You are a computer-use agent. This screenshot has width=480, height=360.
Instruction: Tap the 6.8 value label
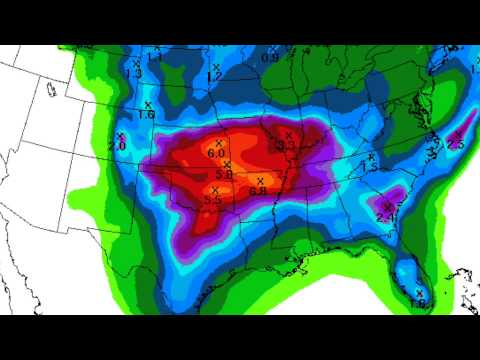click(x=258, y=190)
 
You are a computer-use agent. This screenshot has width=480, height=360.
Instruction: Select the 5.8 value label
click(x=223, y=174)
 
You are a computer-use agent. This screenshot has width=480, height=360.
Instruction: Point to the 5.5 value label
click(x=212, y=200)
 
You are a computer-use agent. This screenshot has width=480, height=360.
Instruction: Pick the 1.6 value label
click(x=146, y=115)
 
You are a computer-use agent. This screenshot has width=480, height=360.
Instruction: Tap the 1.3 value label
click(x=135, y=73)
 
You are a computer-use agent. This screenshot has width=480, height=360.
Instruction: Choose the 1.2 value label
click(x=214, y=75)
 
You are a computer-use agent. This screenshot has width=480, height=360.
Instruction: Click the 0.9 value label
click(x=270, y=58)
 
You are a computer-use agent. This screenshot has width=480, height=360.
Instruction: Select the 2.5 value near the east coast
click(x=456, y=145)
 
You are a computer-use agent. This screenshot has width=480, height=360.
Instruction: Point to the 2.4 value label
click(x=387, y=216)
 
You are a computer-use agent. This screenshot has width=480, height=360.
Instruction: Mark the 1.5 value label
click(x=369, y=168)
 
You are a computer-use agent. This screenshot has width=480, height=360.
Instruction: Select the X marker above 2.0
click(x=119, y=136)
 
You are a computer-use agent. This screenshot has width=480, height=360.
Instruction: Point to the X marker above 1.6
click(x=147, y=104)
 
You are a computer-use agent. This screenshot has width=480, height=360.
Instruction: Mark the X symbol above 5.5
click(x=213, y=189)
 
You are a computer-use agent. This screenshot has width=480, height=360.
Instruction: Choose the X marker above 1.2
click(x=214, y=64)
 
